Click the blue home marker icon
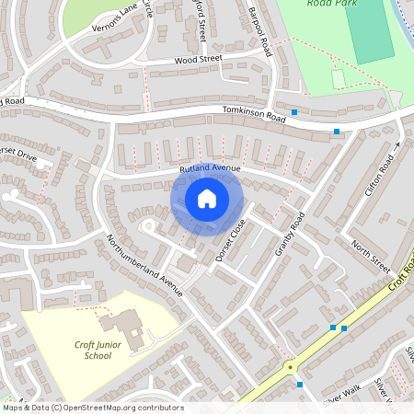pyautogui.click(x=207, y=199)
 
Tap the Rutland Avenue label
pyautogui.click(x=210, y=168)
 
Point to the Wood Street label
pyautogui.click(x=199, y=60)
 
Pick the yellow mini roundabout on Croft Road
pyautogui.click(x=292, y=366)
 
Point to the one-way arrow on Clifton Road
pyautogui.click(x=397, y=144)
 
